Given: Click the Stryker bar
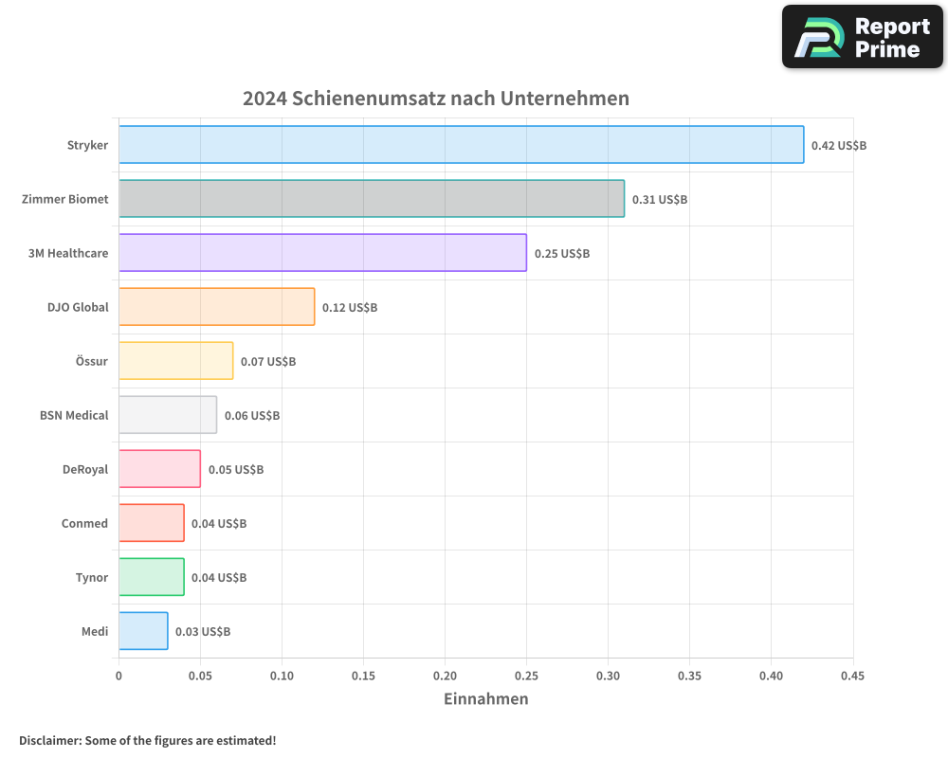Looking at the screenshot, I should pos(461,145).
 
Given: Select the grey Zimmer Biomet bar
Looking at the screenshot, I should pos(372,199).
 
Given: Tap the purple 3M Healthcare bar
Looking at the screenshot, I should pos(322,253).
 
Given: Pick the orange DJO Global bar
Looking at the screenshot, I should pos(216,307).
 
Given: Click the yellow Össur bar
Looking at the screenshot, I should pos(175,361).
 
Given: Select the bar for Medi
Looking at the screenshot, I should pos(143,631).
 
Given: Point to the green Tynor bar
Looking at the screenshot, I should pos(152,577).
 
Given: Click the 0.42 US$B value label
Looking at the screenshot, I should pos(839,146).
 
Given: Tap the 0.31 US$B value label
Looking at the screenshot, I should pos(660,200).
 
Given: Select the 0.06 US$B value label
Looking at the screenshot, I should pos(252,416).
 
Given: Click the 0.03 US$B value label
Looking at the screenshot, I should pos(203,632).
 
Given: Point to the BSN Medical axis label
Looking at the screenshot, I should pos(74,415).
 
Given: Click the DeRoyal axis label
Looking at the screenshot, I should pos(85,469).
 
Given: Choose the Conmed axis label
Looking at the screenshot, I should pos(84,523).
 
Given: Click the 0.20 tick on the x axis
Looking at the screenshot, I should pos(445,677).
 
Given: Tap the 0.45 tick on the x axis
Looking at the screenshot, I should pos(852,677).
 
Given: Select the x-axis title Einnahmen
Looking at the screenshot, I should pos(485,699).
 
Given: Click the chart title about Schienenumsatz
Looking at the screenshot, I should pos(436,99).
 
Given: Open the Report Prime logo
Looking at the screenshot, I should pos(862,37).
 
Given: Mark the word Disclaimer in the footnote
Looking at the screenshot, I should pos(48,740).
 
